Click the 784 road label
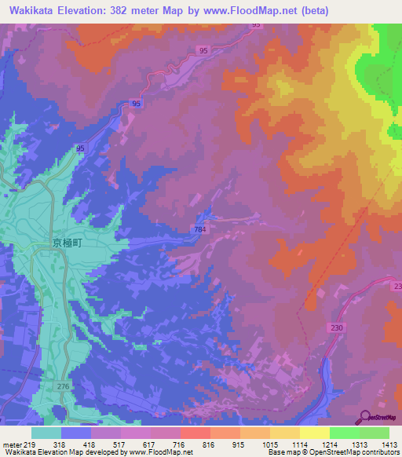click(200, 228)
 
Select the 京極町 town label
click(66, 243)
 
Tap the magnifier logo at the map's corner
click(366, 418)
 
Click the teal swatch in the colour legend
click(46, 433)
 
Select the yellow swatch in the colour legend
click(315, 433)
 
